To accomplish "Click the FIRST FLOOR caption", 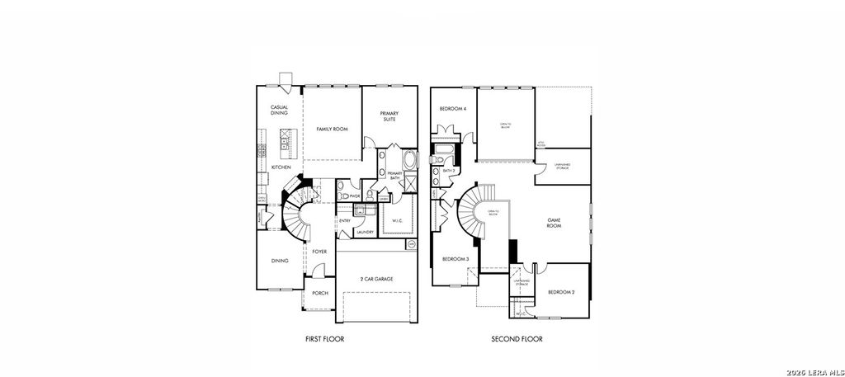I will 324,339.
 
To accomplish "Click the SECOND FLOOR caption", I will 517,339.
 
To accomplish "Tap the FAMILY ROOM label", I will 333,130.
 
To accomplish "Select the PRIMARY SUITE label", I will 388,116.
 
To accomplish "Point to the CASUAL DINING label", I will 279,110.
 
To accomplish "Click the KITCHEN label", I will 281,167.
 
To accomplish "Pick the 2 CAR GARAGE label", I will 376,280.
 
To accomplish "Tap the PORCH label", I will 319,294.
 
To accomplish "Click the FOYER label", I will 320,252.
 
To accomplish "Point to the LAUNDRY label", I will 366,232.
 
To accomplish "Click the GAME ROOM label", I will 555,223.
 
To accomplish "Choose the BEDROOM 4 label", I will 453,109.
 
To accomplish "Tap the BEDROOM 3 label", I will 456,259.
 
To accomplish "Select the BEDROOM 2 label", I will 562,292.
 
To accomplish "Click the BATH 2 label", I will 450,171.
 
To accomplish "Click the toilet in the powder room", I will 342,196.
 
